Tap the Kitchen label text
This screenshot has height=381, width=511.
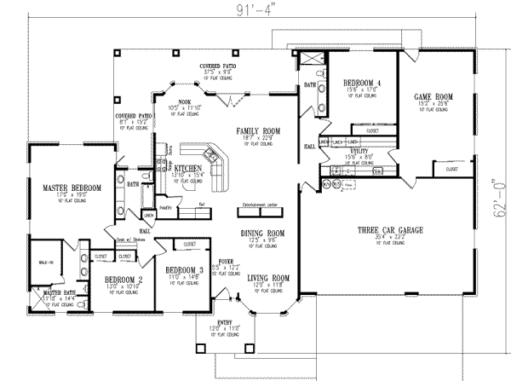(x=187, y=169)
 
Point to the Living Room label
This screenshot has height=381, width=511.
(x=269, y=278)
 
